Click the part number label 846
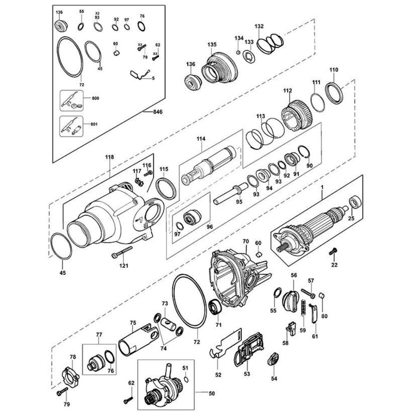click(x=158, y=112)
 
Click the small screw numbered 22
click(x=333, y=251)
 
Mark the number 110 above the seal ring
click(x=334, y=70)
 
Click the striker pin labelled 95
click(x=231, y=194)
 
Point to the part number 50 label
click(x=211, y=393)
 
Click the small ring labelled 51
click(x=185, y=379)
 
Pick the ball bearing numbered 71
click(x=215, y=307)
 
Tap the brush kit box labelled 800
click(x=71, y=101)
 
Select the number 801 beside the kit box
click(x=94, y=124)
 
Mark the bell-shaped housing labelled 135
click(x=220, y=69)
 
